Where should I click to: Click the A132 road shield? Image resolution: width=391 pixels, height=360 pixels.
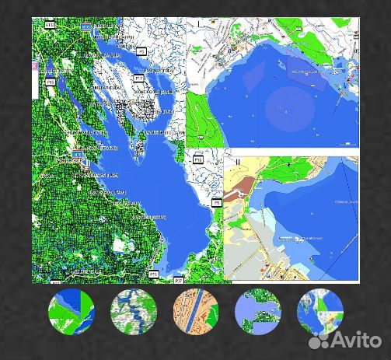click(x=49, y=26)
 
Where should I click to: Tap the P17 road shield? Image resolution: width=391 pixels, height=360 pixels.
click(x=138, y=79)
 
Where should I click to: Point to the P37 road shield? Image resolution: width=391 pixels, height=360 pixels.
click(x=178, y=278)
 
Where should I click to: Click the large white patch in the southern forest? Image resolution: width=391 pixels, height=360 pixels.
click(x=118, y=246)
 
